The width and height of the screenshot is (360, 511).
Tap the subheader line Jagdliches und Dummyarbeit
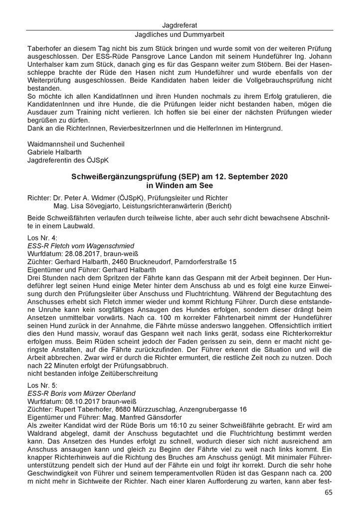(180, 35)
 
